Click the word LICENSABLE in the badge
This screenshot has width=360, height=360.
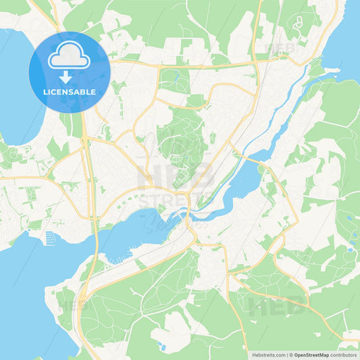(x=69, y=92)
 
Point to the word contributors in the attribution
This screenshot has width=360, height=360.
(x=344, y=355)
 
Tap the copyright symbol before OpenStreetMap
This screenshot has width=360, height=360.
(x=291, y=355)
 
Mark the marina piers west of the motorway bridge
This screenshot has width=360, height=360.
(x=50, y=238)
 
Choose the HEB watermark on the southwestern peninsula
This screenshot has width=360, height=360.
(x=72, y=304)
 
